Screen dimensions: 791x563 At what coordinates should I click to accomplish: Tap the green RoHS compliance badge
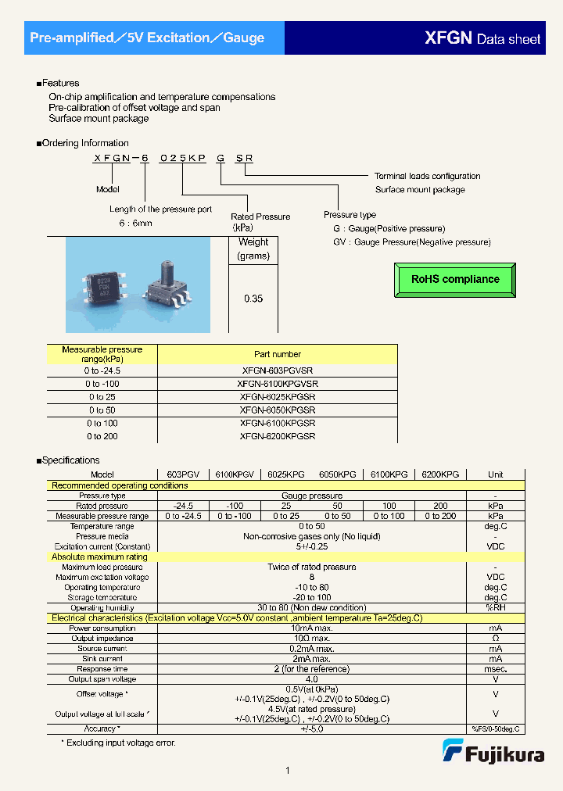tap(455, 279)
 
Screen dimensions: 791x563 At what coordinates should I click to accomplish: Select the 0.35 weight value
tap(253, 299)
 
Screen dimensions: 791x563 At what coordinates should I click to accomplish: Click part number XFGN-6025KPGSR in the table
tap(278, 397)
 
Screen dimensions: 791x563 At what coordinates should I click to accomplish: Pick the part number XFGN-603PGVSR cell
tap(278, 370)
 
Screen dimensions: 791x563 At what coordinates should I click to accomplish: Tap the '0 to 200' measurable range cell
tap(102, 436)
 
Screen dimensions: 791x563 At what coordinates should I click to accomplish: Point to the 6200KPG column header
tap(440, 474)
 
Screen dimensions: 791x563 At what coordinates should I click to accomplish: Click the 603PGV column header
tap(183, 474)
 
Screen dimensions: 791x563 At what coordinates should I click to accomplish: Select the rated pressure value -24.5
tap(183, 506)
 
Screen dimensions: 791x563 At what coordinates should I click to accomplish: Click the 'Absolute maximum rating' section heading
tap(99, 557)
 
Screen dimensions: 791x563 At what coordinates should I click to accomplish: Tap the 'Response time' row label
tap(102, 669)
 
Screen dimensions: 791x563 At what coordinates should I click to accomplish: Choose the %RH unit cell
tap(495, 607)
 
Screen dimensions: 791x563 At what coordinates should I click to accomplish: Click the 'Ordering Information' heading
tap(84, 143)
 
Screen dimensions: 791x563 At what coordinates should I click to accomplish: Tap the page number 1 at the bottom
tap(288, 771)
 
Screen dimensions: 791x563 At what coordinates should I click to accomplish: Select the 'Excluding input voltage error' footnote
tap(118, 743)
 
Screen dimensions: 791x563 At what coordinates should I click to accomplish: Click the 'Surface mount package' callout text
tap(420, 189)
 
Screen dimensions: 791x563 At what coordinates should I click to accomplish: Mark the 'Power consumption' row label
tap(102, 628)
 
